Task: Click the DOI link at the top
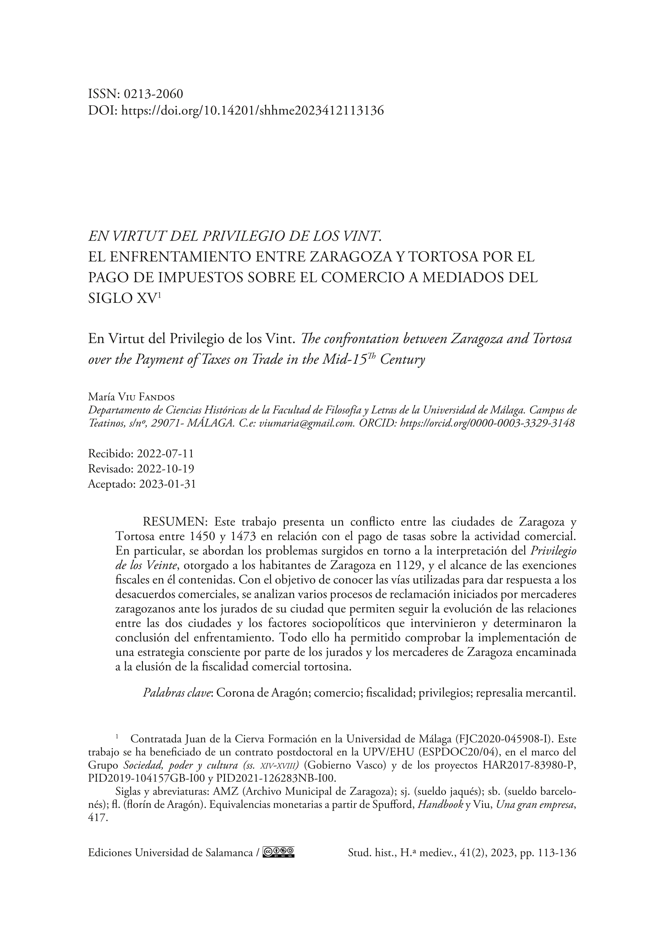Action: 253,111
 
